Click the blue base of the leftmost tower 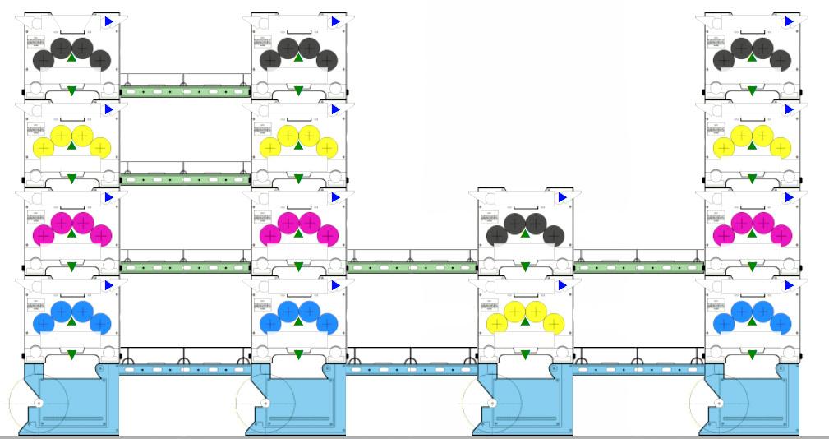[x=70, y=403]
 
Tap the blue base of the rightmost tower [x=751, y=403]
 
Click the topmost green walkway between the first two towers [x=185, y=91]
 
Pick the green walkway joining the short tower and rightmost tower [x=638, y=267]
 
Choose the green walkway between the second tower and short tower [x=412, y=267]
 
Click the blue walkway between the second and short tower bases [x=412, y=369]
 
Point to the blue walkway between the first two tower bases [x=185, y=369]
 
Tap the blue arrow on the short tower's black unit [x=562, y=197]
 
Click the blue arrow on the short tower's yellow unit [x=562, y=285]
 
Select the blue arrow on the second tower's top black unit [x=335, y=21]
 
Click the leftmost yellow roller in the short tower [x=496, y=323]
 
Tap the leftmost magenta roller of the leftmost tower [x=43, y=236]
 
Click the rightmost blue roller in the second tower [x=327, y=323]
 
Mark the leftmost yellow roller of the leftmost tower [x=43, y=148]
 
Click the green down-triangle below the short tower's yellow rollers [x=525, y=354]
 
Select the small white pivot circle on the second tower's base [x=265, y=404]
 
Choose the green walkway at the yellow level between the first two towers [x=185, y=179]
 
